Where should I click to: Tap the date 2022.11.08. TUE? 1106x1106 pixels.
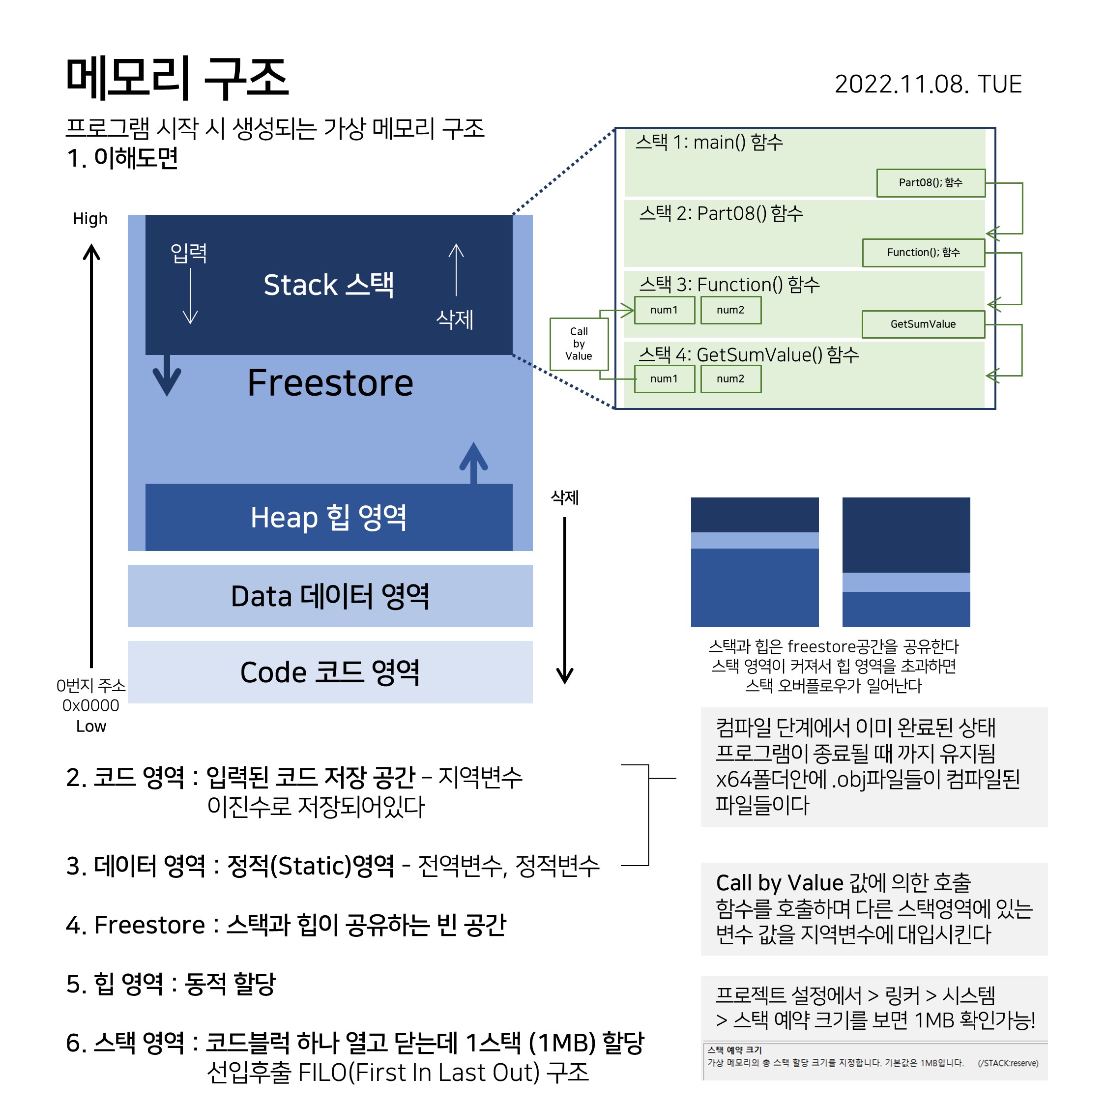928,84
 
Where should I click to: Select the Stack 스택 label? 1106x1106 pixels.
328,285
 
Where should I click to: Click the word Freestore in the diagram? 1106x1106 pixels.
330,382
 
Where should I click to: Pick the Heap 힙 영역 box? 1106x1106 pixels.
328,517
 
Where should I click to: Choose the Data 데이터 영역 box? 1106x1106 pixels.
330,596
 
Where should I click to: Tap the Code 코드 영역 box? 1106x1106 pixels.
330,672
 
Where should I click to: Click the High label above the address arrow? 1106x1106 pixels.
90,219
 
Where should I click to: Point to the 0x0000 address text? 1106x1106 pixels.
90,705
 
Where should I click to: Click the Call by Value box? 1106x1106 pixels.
578,344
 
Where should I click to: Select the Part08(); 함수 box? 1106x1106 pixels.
930,183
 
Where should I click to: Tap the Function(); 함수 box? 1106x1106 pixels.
923,253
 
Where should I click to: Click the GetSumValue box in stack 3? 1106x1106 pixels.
923,324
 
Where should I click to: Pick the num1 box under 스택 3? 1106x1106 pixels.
664,310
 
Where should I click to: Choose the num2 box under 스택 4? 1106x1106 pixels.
730,378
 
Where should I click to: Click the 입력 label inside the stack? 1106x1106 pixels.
188,253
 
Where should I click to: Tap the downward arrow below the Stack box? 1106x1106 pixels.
167,376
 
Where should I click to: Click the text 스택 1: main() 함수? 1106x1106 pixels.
709,142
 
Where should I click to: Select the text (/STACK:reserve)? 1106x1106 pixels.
1008,1063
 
